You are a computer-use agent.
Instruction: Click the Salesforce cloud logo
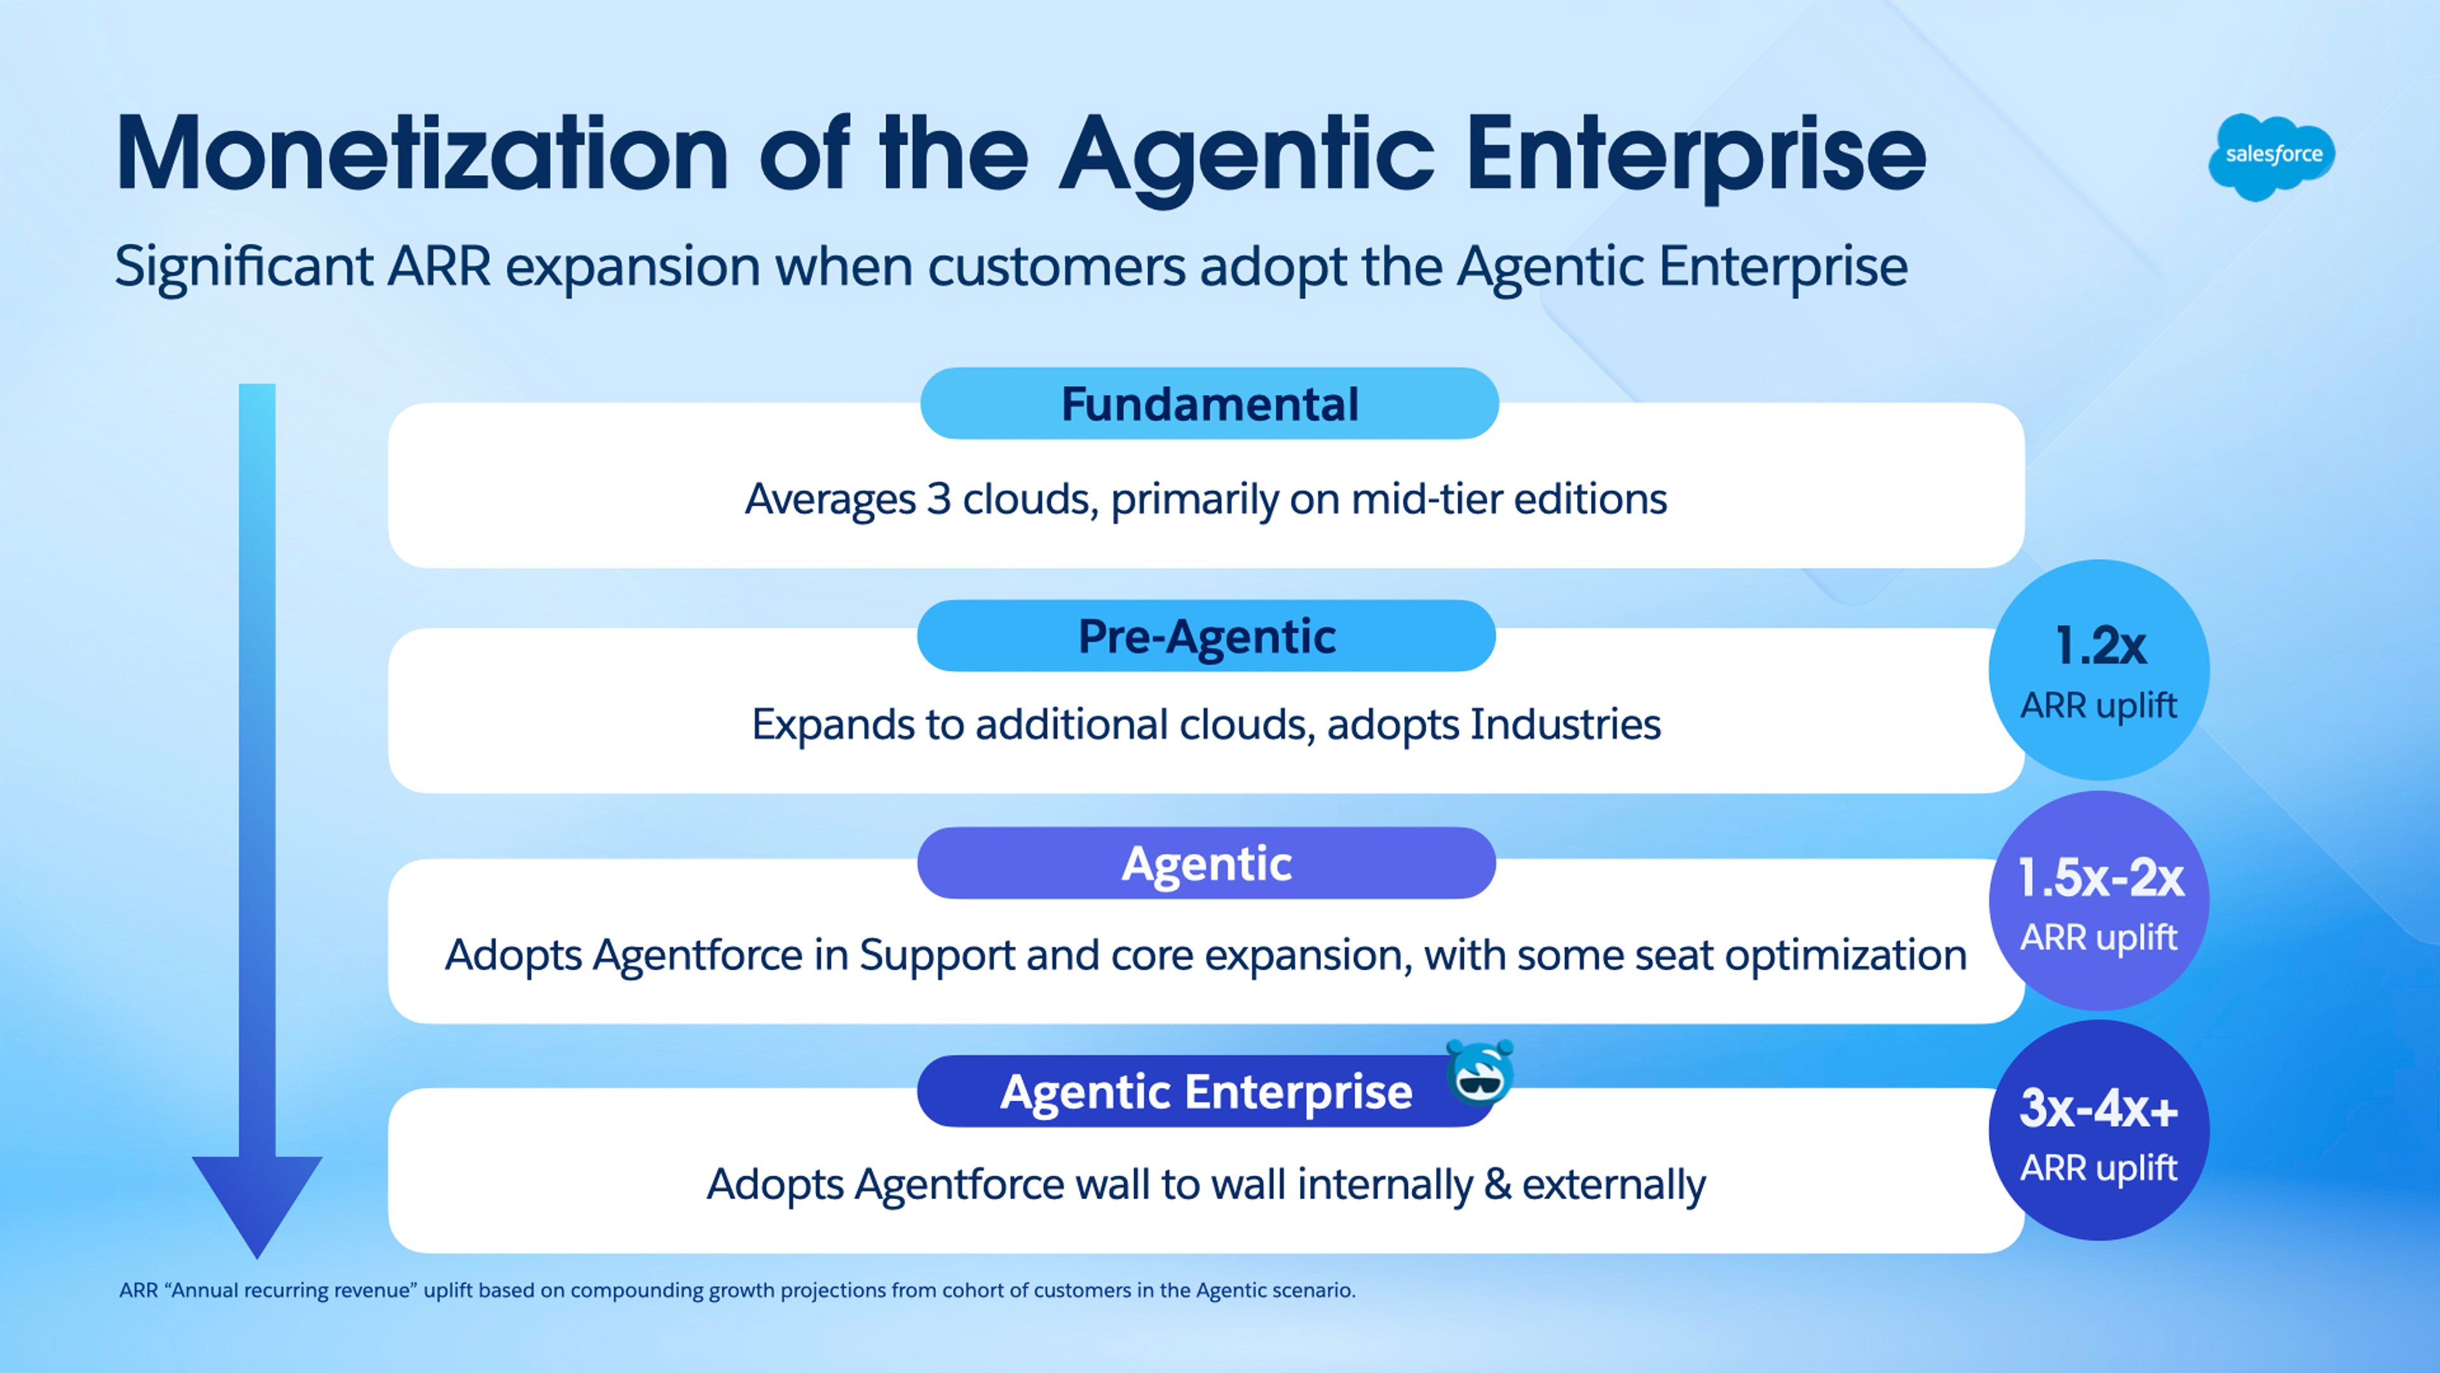pyautogui.click(x=2272, y=156)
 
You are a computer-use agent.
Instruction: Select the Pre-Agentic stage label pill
pyautogui.click(x=1206, y=636)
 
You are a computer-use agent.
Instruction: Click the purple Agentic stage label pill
pyautogui.click(x=1206, y=863)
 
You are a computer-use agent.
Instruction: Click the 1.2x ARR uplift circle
pyautogui.click(x=2099, y=670)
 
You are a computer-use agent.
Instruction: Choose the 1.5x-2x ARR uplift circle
pyautogui.click(x=2099, y=901)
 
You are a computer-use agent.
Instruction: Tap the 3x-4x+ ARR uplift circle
pyautogui.click(x=2099, y=1130)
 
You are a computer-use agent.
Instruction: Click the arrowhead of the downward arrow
pyautogui.click(x=257, y=1199)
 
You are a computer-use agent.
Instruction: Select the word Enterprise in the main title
pyautogui.click(x=1695, y=156)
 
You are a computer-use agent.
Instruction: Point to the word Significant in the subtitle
pyautogui.click(x=243, y=267)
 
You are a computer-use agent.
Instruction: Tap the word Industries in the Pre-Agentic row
pyautogui.click(x=1565, y=725)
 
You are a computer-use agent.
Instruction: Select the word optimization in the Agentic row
pyautogui.click(x=1845, y=956)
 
